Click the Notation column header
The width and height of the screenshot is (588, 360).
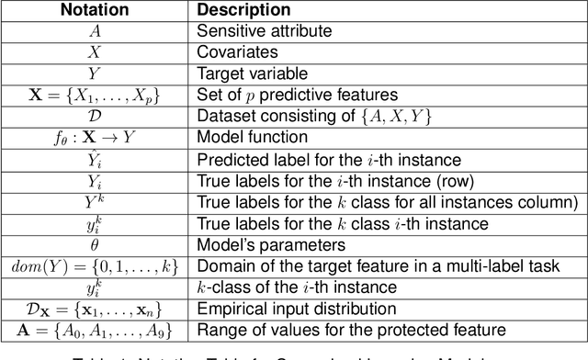click(x=94, y=11)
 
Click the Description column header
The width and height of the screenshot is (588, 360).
click(x=243, y=11)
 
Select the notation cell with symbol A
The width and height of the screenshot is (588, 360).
click(x=94, y=30)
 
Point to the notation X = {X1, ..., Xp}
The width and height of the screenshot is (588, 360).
click(x=94, y=95)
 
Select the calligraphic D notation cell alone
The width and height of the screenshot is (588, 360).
click(x=94, y=116)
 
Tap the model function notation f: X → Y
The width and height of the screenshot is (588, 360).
click(x=94, y=138)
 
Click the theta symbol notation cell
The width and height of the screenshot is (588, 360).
click(x=94, y=244)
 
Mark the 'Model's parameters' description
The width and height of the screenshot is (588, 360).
click(x=262, y=244)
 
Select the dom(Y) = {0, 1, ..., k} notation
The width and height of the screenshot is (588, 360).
click(x=94, y=266)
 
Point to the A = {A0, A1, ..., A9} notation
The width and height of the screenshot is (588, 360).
click(x=94, y=331)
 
